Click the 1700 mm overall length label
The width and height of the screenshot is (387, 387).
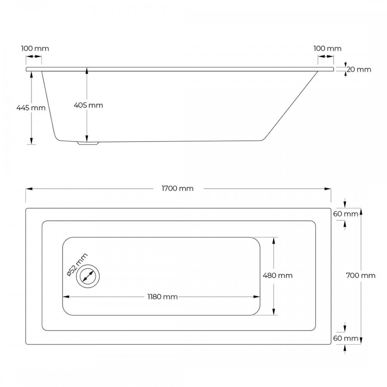click(x=178, y=188)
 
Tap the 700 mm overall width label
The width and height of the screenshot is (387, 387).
click(x=361, y=276)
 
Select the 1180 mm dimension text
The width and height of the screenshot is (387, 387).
click(x=163, y=297)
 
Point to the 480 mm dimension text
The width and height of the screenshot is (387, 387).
click(x=278, y=276)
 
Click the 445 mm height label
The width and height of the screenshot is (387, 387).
click(x=31, y=108)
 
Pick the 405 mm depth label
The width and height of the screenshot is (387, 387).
click(x=89, y=105)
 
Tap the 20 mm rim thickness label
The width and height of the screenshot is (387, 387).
click(x=359, y=70)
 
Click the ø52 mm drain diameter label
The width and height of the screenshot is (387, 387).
click(x=77, y=264)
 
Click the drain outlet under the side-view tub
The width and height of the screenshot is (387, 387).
click(x=88, y=144)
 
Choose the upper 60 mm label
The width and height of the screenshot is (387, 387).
click(x=346, y=214)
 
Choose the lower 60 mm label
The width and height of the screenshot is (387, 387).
click(x=346, y=339)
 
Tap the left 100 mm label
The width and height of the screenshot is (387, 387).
click(x=35, y=48)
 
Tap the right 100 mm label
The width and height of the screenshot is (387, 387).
click(x=328, y=48)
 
